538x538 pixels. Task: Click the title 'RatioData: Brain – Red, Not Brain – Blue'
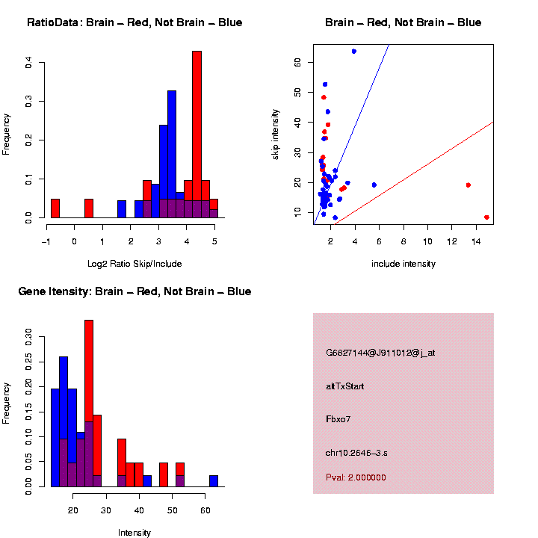[134, 23]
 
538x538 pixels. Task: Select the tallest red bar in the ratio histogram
[197, 134]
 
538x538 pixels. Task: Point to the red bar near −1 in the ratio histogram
[55, 208]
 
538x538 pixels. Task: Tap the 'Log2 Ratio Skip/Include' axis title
[134, 264]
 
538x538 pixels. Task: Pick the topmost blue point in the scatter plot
[353, 52]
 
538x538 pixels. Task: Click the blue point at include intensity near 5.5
[374, 185]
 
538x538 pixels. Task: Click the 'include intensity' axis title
[403, 264]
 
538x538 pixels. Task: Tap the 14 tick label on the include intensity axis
[475, 242]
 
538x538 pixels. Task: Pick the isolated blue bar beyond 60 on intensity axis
[214, 481]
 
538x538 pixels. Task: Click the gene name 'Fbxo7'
[338, 419]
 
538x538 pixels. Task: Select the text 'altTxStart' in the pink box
[344, 386]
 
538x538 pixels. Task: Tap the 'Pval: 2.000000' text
[356, 477]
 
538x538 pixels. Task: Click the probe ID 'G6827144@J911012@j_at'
[380, 353]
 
